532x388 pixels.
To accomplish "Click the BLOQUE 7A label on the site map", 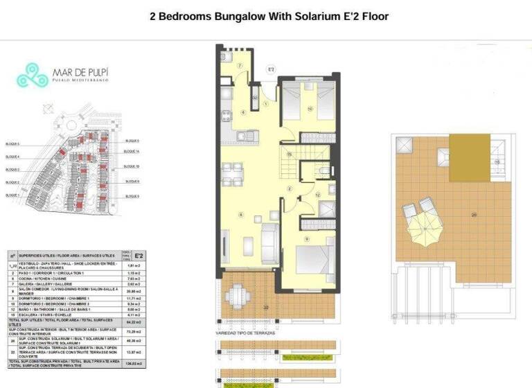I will click(131, 151).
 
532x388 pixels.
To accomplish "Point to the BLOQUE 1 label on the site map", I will click(12, 195).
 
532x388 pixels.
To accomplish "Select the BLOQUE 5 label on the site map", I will click(12, 144).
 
